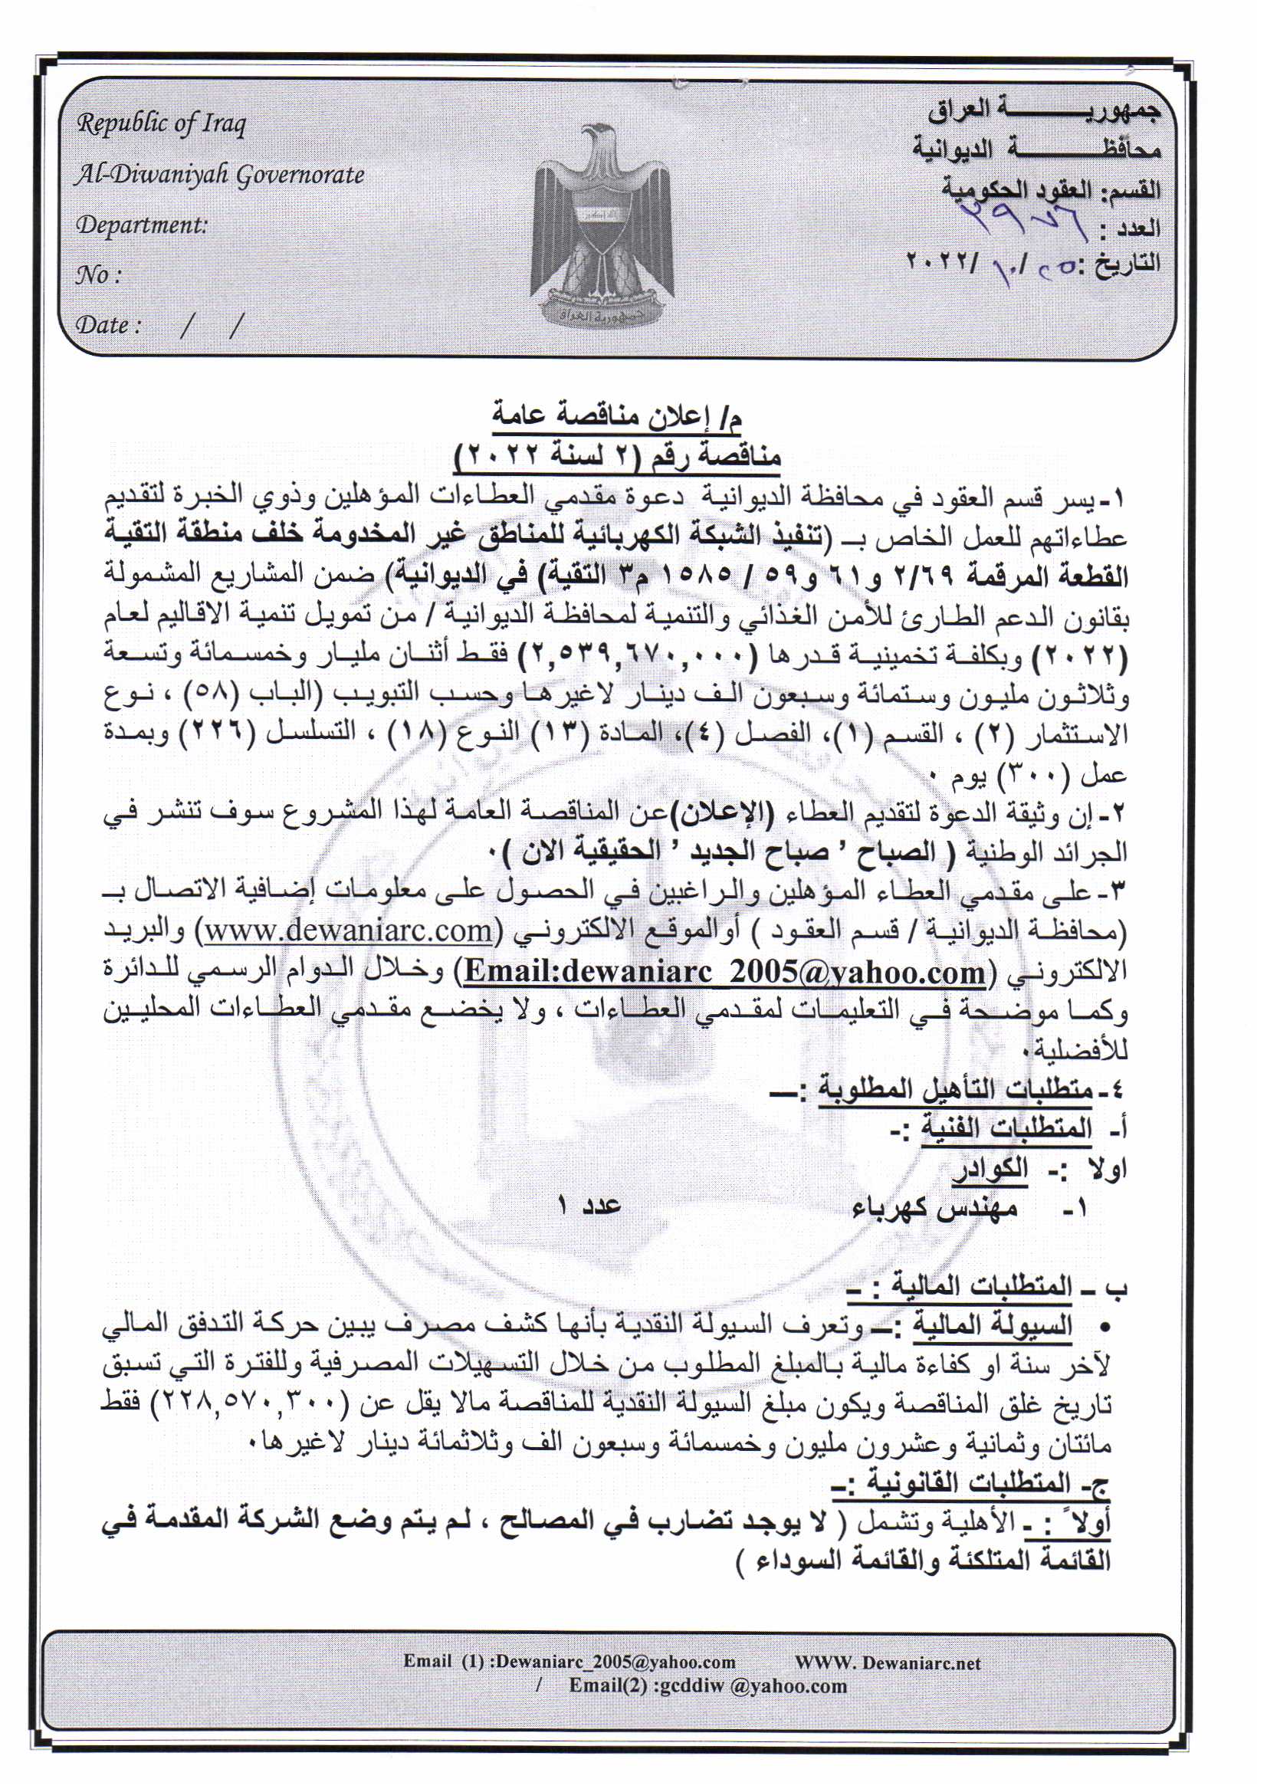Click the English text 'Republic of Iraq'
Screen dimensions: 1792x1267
(x=161, y=123)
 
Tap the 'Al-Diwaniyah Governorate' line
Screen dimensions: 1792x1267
(x=219, y=174)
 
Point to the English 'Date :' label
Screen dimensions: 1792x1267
(x=109, y=324)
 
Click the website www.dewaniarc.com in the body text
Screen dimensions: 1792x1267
(x=347, y=931)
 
